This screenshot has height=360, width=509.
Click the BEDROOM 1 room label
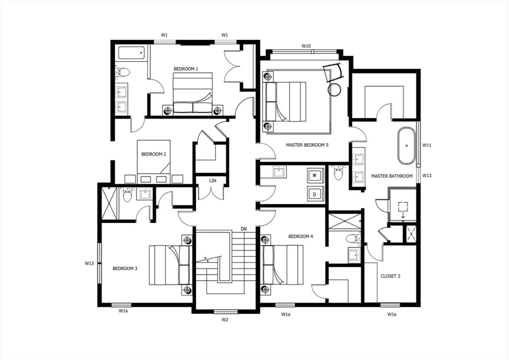[x=186, y=69]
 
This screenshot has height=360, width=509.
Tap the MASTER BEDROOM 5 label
[x=307, y=145]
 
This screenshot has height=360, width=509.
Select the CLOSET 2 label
[x=390, y=276]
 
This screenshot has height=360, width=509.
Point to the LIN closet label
[x=213, y=181]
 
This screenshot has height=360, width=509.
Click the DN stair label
[x=244, y=229]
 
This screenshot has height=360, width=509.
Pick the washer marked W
[x=315, y=175]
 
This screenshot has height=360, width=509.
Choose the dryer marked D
[x=315, y=194]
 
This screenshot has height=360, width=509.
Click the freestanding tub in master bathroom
[x=406, y=146]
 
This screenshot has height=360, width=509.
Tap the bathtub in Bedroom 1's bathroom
[x=131, y=53]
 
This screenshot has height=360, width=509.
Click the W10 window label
[x=306, y=46]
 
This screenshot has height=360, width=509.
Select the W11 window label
[x=426, y=145]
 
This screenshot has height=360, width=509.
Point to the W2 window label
[x=225, y=320]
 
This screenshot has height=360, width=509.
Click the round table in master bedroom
[x=334, y=89]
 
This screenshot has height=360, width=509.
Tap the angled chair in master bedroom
[x=333, y=72]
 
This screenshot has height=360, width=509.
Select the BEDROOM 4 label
[x=300, y=236]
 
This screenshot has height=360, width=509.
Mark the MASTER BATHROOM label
[x=392, y=176]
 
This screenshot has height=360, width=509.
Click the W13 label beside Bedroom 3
[x=89, y=263]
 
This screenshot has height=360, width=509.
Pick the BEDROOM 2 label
[x=154, y=154]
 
